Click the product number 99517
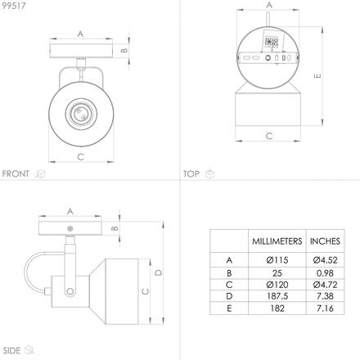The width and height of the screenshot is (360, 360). tap(14, 6)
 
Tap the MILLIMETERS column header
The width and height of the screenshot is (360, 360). tap(277, 241)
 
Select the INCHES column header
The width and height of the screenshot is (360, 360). tap(325, 241)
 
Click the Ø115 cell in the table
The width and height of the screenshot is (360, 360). tap(277, 260)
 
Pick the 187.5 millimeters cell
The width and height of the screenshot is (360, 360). tap(277, 296)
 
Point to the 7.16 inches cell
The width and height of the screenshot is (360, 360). tap(325, 308)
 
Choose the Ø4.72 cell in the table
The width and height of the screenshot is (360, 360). tap(325, 285)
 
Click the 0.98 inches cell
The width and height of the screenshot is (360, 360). tap(325, 273)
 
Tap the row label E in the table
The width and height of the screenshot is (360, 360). tap(229, 308)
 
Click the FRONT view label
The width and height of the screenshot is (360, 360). tap(16, 173)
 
